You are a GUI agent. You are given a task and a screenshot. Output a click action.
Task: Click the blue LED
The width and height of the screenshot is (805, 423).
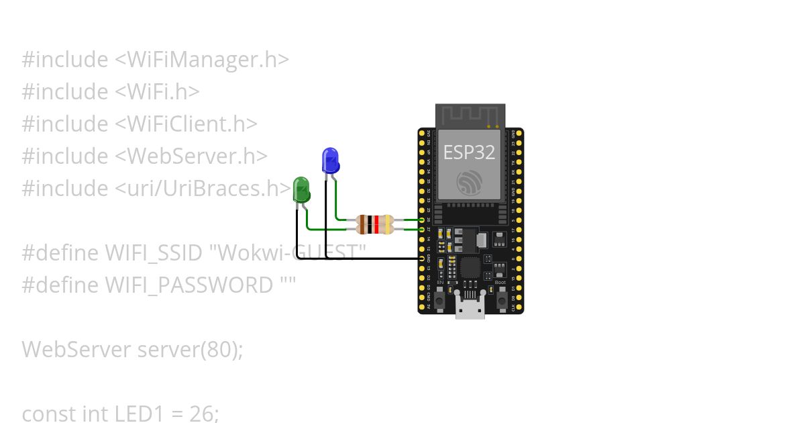point(330,160)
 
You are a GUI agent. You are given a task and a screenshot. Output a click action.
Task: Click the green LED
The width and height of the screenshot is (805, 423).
point(301,189)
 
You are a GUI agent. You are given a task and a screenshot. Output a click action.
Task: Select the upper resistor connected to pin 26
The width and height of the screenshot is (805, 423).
point(376,220)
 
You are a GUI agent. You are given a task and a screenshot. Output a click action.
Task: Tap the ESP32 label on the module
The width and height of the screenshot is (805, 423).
point(469,152)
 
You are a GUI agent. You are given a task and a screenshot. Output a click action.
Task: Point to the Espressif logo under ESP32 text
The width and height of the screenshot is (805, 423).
point(469,182)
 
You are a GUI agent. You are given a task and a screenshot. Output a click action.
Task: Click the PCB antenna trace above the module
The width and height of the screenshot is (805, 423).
point(470,115)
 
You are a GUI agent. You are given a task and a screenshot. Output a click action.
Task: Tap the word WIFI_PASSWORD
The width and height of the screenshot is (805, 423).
point(190,285)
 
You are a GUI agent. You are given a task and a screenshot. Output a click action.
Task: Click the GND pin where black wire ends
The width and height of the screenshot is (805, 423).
point(423,258)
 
